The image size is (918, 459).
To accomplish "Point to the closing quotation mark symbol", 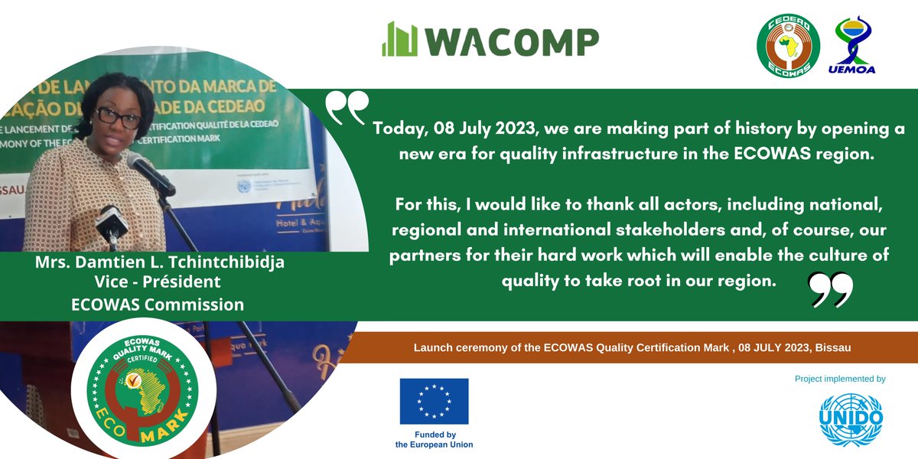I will (831, 289).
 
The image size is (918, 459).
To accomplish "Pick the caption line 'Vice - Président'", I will (155, 282).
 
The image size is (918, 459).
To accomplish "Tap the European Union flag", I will (434, 402).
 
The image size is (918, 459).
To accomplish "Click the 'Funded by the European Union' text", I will (434, 439).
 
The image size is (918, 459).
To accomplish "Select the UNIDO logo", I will (850, 419).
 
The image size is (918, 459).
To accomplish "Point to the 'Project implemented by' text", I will (840, 379).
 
